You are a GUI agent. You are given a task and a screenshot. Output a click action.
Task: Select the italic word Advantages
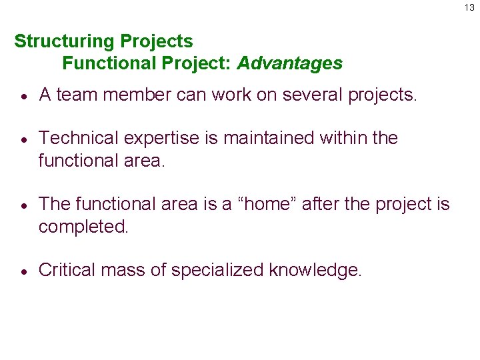pyautogui.click(x=289, y=63)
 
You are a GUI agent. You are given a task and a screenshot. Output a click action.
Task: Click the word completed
pyautogui.click(x=83, y=227)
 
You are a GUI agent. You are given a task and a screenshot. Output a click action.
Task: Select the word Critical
pyautogui.click(x=67, y=270)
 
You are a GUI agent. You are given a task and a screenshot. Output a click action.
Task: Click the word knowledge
pyautogui.click(x=315, y=270)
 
